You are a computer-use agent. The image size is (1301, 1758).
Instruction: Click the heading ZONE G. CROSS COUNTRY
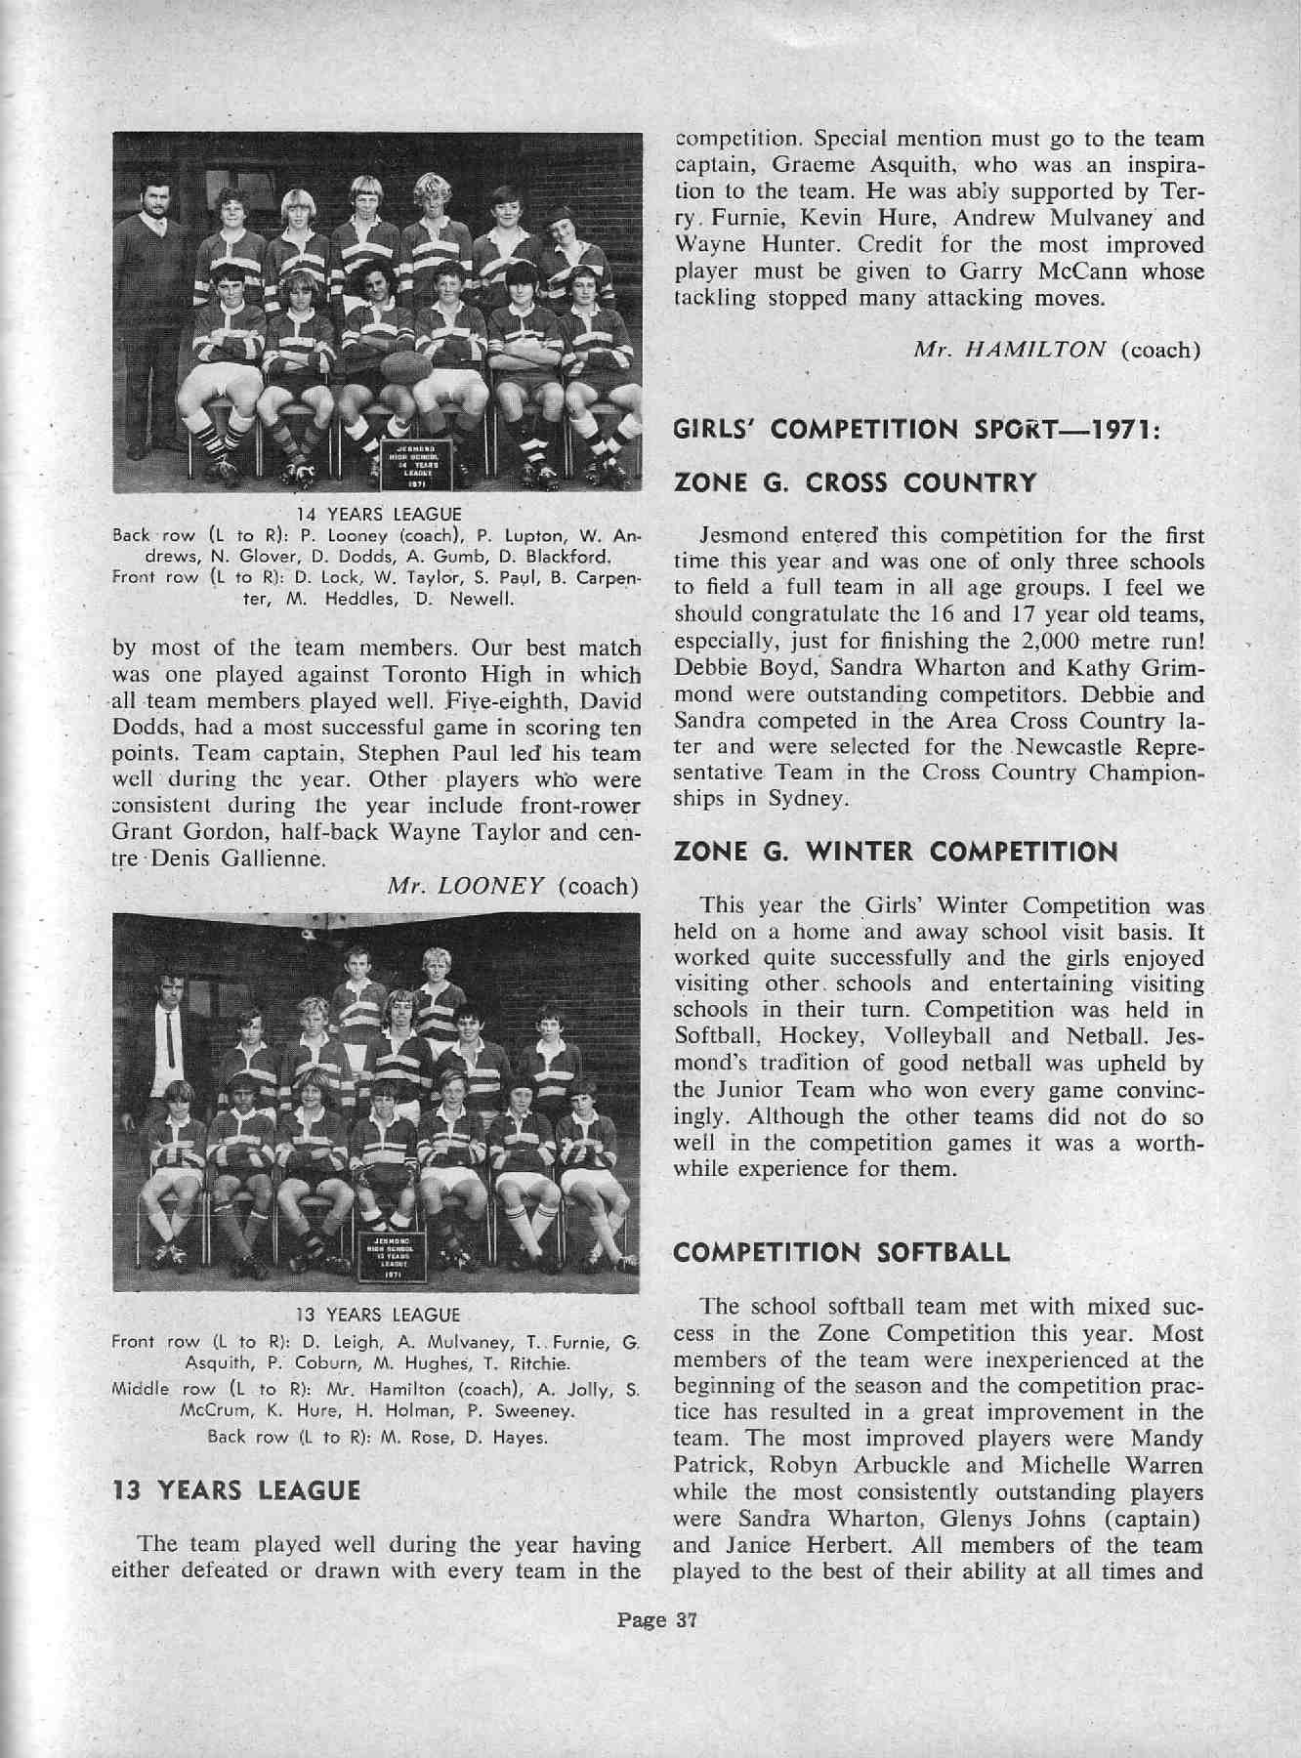(855, 482)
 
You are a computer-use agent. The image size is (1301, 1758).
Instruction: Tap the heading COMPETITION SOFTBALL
(841, 1253)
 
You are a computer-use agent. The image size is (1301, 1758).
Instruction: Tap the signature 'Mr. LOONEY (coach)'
(513, 886)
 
